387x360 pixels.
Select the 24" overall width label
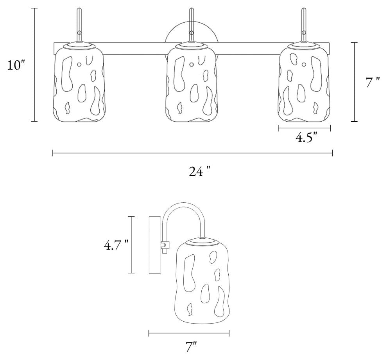[200, 171]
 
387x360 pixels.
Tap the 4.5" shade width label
[306, 138]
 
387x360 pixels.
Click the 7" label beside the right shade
[372, 82]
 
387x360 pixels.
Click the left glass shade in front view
[79, 83]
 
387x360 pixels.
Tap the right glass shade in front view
[304, 83]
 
